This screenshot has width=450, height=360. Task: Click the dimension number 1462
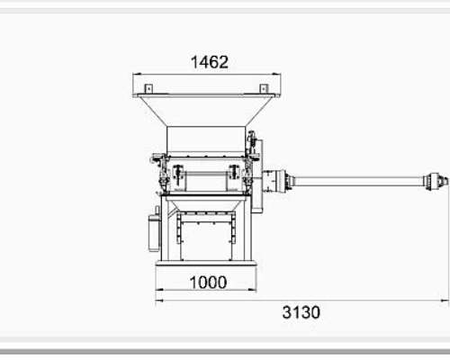210,62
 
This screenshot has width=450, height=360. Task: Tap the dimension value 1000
208,283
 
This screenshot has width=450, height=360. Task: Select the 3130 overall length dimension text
301,312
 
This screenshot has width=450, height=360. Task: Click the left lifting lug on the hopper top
148,88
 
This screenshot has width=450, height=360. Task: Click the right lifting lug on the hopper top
264,88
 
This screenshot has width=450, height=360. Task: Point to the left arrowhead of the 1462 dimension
137,74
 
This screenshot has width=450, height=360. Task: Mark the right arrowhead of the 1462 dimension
276,74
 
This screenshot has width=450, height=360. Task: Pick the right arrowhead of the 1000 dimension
253,290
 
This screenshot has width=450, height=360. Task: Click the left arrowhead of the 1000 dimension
159,290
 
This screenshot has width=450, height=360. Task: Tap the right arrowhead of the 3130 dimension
445,301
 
